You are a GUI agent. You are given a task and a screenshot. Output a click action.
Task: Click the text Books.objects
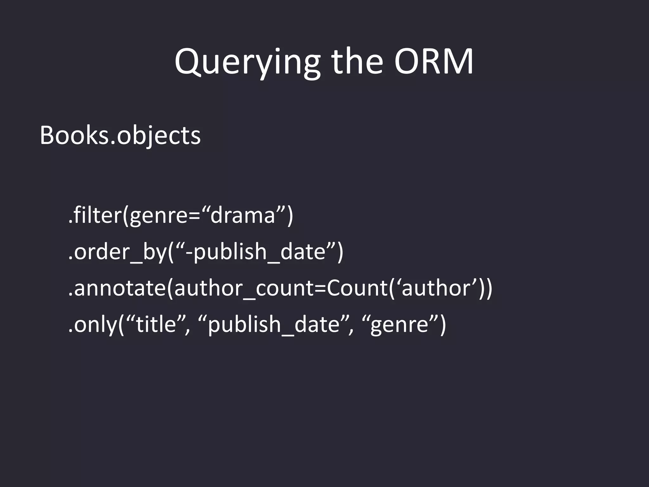pos(120,136)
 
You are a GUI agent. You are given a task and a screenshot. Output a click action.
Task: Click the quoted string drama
pos(242,215)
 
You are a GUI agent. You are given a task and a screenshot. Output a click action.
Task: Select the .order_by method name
pos(117,252)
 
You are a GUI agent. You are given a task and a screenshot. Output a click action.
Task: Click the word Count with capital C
pos(357,288)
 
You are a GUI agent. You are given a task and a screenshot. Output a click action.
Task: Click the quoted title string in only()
pos(156,325)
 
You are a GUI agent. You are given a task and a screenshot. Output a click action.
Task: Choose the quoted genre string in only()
pos(399,325)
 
